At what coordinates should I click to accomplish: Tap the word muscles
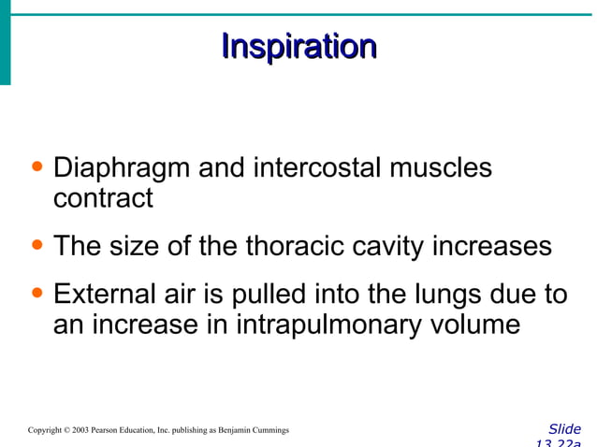coord(440,169)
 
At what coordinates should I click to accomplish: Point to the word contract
coord(102,198)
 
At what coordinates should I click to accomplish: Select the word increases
coord(493,247)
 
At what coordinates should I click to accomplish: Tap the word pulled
coord(275,296)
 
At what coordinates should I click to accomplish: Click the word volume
coord(473,325)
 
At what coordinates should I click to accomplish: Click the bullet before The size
coord(36,247)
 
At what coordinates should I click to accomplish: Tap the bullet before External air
coord(36,296)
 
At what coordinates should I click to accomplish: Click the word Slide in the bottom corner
coord(564,429)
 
